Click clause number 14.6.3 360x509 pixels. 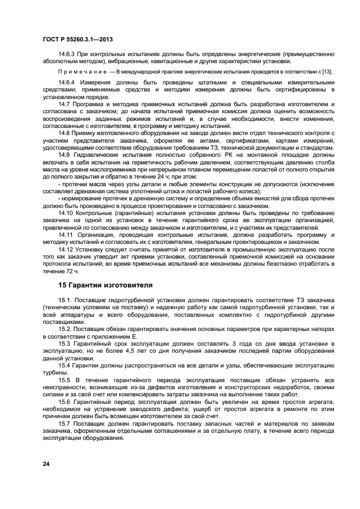67,54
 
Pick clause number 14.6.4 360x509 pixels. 67,82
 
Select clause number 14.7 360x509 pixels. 64,103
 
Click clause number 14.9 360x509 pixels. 64,154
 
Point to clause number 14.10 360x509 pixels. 66,213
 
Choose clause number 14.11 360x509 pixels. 66,234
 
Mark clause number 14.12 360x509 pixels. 66,249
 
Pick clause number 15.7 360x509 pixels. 64,422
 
